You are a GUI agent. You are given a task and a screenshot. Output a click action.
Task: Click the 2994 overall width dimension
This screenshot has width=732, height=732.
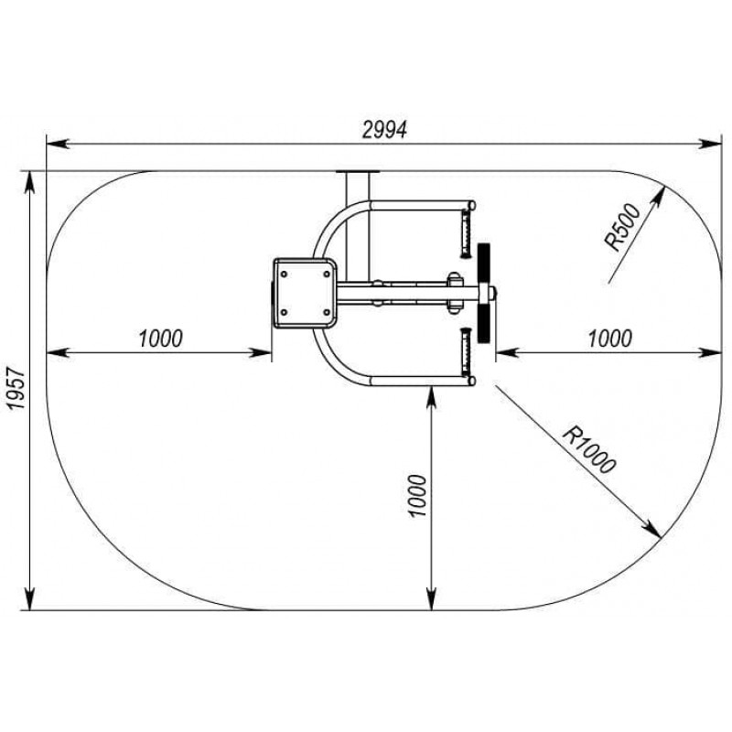[384, 130]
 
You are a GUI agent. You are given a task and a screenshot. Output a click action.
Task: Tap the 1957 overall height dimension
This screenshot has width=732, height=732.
[16, 388]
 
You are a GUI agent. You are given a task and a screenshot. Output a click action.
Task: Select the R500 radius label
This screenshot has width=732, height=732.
[623, 227]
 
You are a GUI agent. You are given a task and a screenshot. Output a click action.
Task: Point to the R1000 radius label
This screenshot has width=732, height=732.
[589, 449]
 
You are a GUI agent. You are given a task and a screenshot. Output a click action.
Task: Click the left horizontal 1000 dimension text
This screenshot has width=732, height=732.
[161, 339]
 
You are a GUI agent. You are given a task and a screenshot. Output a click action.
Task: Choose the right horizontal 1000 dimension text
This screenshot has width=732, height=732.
[609, 339]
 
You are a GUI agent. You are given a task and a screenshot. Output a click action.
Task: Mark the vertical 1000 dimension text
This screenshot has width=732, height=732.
[417, 496]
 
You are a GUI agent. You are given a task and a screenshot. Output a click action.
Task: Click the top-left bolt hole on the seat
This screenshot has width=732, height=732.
[284, 274]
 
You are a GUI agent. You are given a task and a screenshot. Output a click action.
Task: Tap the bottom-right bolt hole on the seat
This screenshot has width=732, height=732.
[327, 312]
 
